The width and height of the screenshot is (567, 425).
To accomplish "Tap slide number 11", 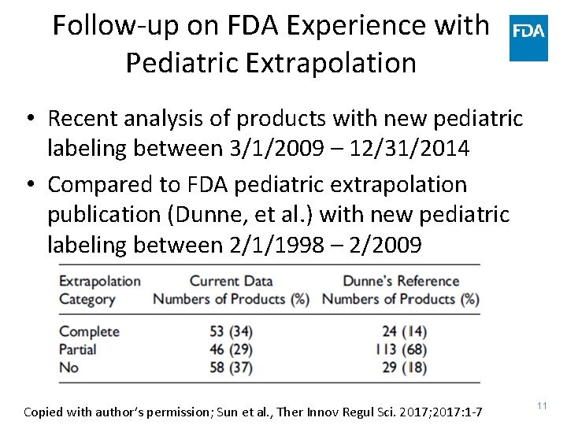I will [x=542, y=405].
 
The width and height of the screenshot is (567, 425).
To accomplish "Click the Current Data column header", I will [x=231, y=281].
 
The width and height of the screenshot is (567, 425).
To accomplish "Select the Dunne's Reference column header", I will [x=401, y=281].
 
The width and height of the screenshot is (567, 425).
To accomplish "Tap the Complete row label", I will [x=89, y=331].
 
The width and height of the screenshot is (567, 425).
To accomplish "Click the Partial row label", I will [x=78, y=349].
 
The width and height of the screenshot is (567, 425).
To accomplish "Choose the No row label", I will [x=69, y=368].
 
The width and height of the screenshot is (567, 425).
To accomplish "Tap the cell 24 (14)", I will [x=400, y=331].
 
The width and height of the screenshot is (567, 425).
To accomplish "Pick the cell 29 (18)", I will [x=400, y=368].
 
